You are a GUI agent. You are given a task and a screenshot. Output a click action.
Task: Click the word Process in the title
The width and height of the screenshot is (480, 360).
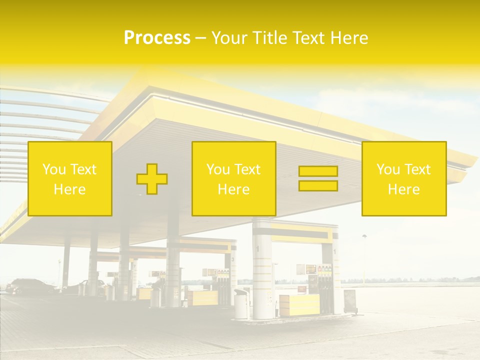pos(157,38)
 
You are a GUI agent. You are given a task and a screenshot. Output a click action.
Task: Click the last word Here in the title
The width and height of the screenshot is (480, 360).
pos(350,38)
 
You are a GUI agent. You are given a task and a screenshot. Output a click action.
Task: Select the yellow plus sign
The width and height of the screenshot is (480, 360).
pos(152,179)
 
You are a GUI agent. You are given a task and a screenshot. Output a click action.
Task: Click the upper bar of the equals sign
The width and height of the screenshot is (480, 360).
pos(318,171)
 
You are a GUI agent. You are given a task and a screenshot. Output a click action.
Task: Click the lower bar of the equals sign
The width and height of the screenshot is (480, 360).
pos(318,186)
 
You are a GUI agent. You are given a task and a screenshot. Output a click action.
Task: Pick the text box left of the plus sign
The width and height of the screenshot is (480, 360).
pos(70,179)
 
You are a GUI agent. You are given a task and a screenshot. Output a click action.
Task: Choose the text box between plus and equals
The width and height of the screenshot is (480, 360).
pos(234,179)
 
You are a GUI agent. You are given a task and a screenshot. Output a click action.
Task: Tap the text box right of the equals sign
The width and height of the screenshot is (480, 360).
pos(404,179)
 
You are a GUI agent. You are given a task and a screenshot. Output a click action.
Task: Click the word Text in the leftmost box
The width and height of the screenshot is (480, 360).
pos(83,169)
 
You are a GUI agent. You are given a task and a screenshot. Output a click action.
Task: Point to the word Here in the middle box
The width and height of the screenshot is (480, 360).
pos(234,189)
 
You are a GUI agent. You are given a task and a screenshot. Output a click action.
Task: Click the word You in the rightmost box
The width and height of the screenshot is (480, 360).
pos(388,169)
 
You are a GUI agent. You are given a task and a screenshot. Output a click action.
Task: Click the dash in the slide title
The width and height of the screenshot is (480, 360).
pos(200,38)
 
